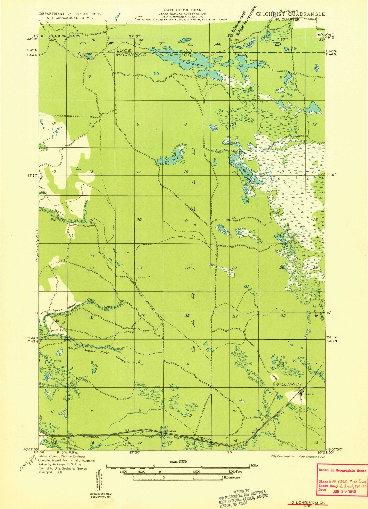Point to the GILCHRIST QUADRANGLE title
coord(291,14)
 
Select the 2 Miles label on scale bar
coord(253,465)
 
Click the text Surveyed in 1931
coord(50,472)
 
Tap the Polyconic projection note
coord(282,456)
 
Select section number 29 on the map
coord(139,268)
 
